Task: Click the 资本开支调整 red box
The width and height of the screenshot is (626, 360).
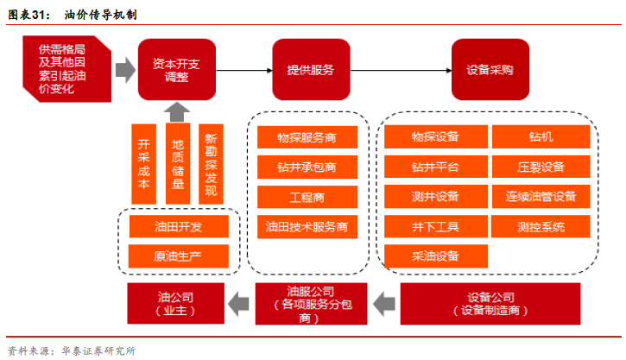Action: [x=177, y=69]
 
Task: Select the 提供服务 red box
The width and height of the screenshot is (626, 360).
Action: [x=311, y=69]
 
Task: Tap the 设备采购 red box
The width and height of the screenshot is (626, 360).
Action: [x=490, y=69]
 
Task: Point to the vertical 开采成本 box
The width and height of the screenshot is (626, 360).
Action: [x=143, y=161]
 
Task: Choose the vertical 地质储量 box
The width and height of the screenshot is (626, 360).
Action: [x=177, y=161]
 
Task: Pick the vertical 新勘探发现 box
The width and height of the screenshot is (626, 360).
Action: [x=212, y=161]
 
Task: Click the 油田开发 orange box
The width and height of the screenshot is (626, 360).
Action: [x=179, y=227]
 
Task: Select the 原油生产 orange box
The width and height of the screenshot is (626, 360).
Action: [x=179, y=256]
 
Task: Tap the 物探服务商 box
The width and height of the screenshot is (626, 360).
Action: [x=307, y=138]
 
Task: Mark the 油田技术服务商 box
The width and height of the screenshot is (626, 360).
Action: [x=307, y=227]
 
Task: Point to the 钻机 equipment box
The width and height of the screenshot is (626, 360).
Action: [x=541, y=137]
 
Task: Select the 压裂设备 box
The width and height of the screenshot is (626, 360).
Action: [x=541, y=167]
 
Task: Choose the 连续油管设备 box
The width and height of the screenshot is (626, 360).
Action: [x=541, y=197]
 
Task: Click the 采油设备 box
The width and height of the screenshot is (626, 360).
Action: [x=435, y=256]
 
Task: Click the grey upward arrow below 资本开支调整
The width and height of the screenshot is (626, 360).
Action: [x=177, y=110]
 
